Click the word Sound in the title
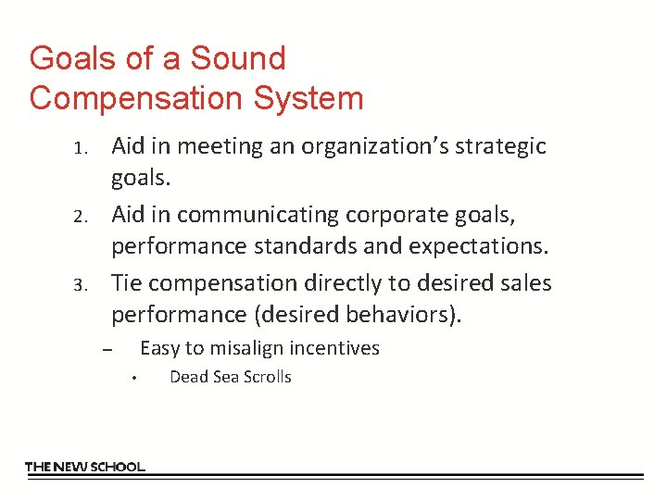click(238, 58)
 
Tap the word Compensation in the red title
click(132, 97)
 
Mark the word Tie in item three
click(126, 282)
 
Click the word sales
click(527, 282)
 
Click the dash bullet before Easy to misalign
click(107, 350)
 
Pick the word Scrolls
click(266, 377)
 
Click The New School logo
click(85, 467)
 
